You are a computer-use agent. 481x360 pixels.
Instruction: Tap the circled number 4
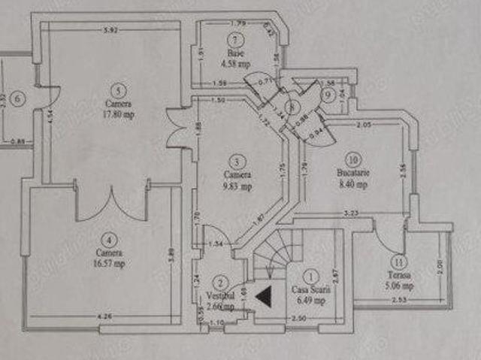110,241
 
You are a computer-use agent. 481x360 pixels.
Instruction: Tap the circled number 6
17,96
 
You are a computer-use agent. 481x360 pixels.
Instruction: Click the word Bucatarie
352,172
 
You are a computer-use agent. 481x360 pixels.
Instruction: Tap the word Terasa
399,274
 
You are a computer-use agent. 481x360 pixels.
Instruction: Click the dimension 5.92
111,30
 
